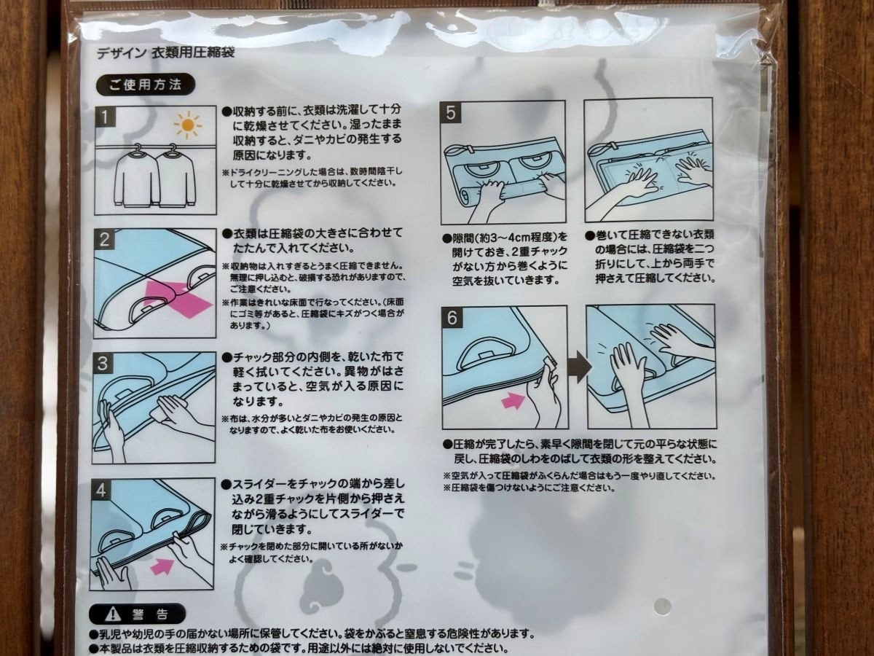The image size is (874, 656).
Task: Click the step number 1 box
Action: [x=106, y=116]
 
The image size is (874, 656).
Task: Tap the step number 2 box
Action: [x=106, y=240]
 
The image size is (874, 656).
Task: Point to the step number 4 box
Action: [x=103, y=490]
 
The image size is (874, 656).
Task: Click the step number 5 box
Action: [x=452, y=112]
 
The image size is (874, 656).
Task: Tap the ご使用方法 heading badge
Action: [x=145, y=84]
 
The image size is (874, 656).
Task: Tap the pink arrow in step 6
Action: [x=513, y=400]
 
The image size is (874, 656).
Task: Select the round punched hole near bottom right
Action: [x=661, y=605]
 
